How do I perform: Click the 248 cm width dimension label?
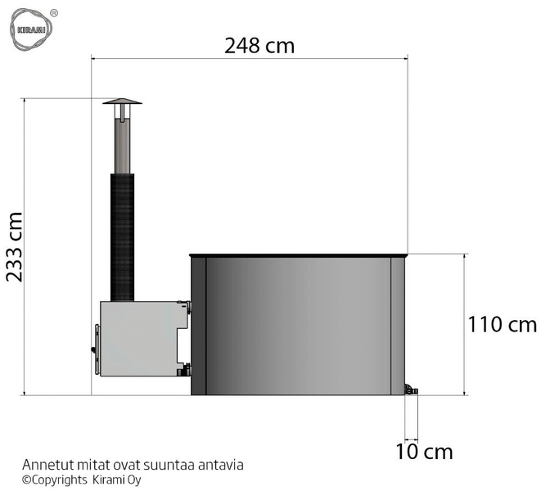(x=259, y=46)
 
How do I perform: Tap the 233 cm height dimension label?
(x=15, y=247)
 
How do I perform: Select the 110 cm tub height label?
(x=503, y=324)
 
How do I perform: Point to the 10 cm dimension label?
(x=424, y=452)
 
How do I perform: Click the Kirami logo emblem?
(x=31, y=29)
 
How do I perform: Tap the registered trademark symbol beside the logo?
(x=54, y=13)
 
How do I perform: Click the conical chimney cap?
(x=122, y=101)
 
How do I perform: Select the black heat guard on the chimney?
(x=122, y=237)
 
